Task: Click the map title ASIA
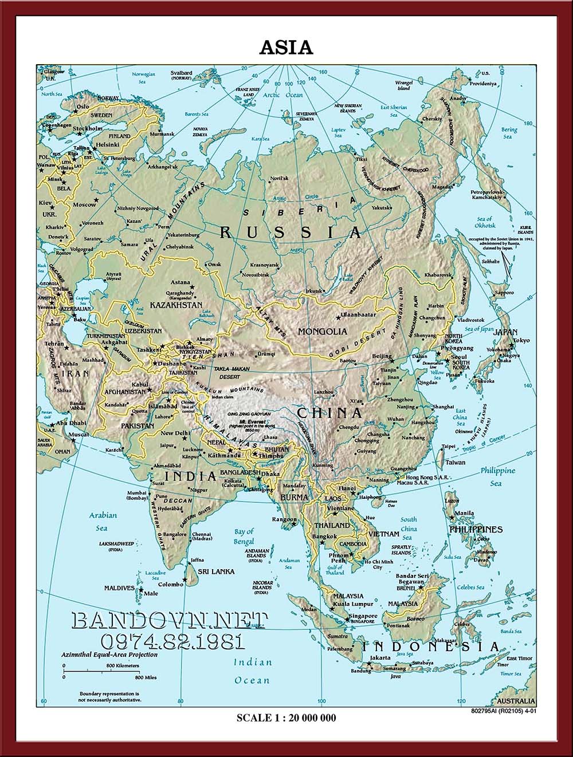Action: (286, 48)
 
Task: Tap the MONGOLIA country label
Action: (322, 331)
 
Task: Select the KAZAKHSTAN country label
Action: (176, 305)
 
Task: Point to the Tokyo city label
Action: (521, 340)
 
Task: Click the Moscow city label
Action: (85, 204)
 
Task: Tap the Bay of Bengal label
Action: (244, 537)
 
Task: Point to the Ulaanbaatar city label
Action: (358, 315)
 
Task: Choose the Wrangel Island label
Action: (404, 86)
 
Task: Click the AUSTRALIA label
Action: (516, 701)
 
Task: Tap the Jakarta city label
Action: (380, 658)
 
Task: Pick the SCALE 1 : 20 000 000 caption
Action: (286, 717)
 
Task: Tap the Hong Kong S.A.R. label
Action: (427, 477)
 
